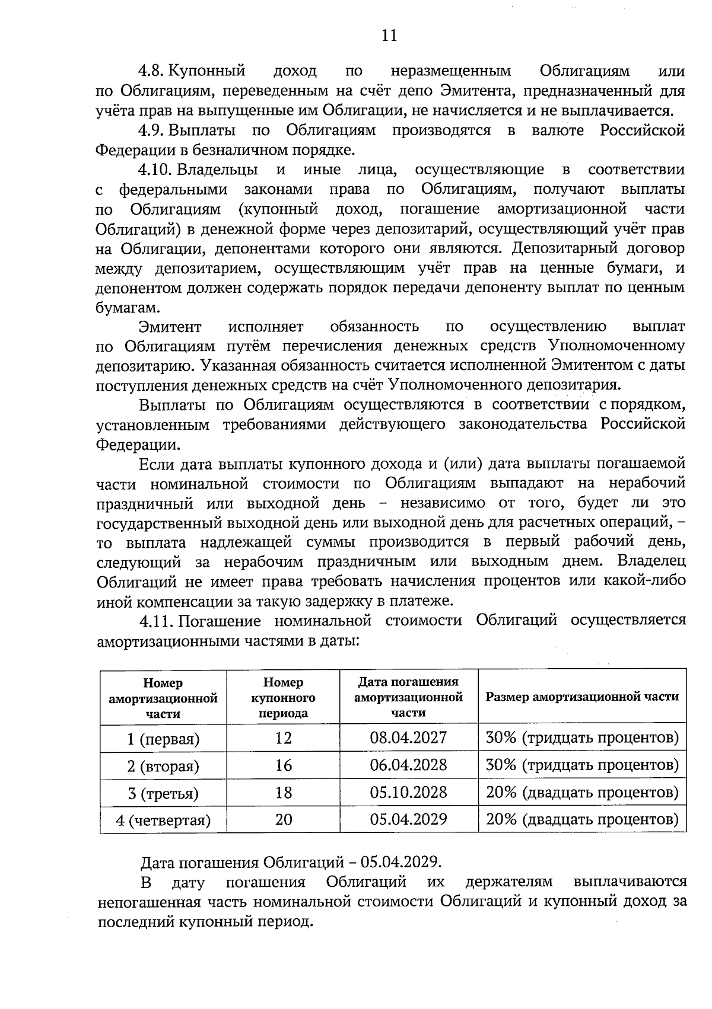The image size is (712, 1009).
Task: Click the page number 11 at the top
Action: pos(389,36)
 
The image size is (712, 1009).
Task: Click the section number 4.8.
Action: pos(151,71)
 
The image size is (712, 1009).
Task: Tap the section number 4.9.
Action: pos(151,130)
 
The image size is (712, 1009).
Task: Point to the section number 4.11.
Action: pos(156,621)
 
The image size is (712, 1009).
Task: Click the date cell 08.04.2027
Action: pos(408,737)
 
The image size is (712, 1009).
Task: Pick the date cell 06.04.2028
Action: pos(408,765)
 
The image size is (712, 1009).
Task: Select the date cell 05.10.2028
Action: pos(408,792)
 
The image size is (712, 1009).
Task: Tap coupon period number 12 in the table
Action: pos(283,737)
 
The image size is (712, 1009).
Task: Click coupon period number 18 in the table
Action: pos(283,792)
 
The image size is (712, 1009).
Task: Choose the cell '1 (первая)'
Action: pos(163,739)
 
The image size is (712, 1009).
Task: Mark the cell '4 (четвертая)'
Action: pos(163,820)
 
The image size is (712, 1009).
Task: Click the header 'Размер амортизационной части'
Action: pos(581,697)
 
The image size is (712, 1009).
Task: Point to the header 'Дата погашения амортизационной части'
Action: pos(408,697)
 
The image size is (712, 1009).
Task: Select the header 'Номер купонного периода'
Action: pos(283,698)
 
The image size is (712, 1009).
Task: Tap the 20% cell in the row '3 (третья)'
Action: pos(581,793)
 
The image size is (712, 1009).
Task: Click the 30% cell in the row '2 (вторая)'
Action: pos(581,765)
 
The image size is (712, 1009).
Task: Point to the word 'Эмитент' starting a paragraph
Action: pos(170,327)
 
